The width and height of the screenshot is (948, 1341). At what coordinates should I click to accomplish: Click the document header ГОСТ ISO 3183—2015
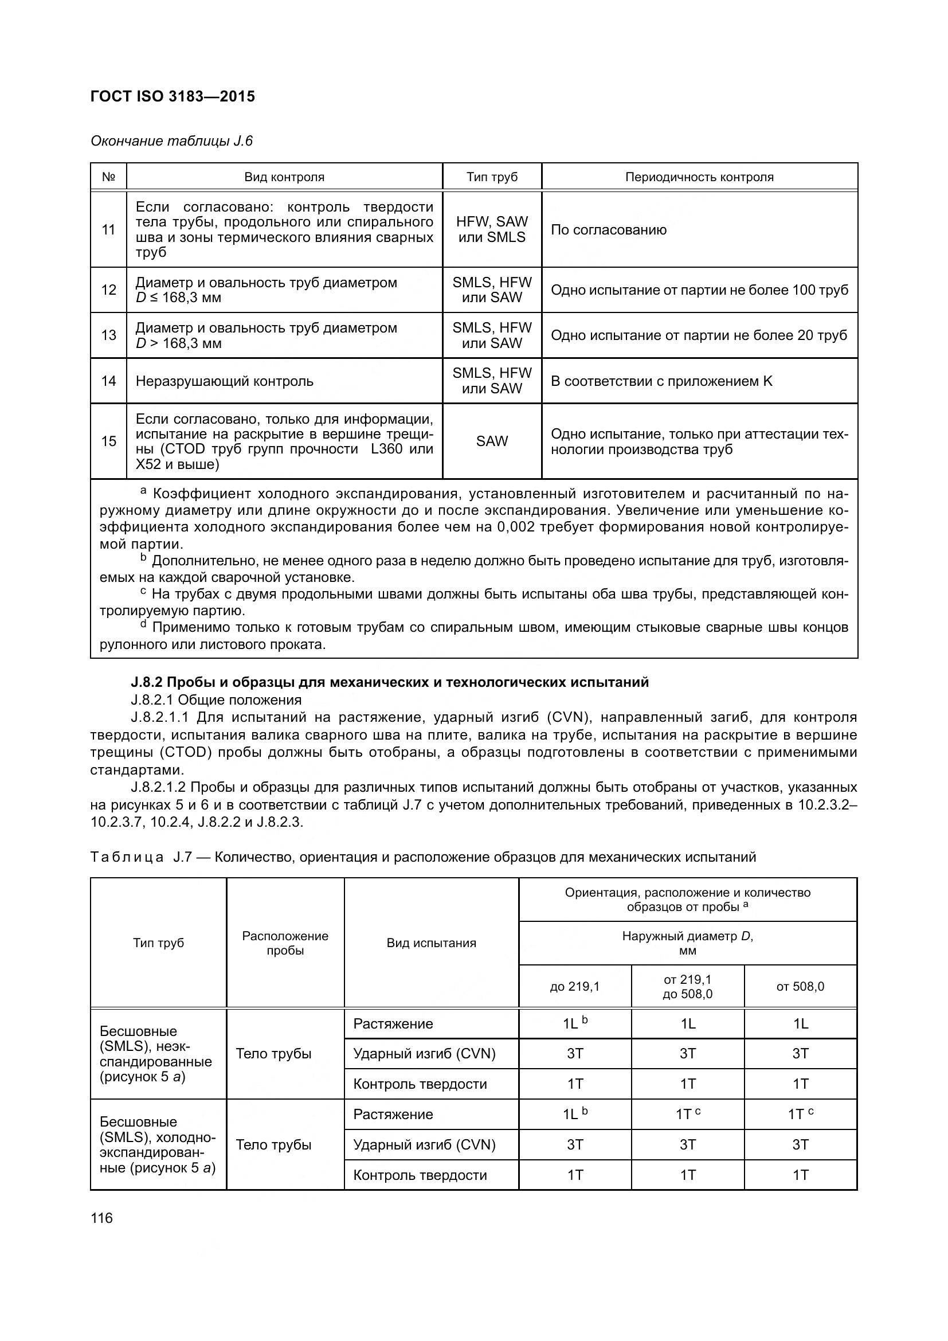pyautogui.click(x=173, y=96)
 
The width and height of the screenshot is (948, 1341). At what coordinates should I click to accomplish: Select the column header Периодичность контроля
pyautogui.click(x=699, y=177)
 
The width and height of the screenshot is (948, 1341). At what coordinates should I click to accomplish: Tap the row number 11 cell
pyautogui.click(x=108, y=229)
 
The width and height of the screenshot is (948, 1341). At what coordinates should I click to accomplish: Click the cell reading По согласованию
pyautogui.click(x=608, y=229)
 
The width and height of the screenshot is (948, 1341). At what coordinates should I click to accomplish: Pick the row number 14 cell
pyautogui.click(x=108, y=381)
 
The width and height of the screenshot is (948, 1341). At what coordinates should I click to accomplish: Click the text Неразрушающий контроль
pyautogui.click(x=224, y=381)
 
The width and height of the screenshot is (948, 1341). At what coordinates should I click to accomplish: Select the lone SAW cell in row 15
pyautogui.click(x=492, y=441)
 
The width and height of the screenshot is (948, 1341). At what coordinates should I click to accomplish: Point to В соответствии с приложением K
pyautogui.click(x=661, y=381)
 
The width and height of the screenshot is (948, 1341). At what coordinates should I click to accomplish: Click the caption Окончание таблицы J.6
pyautogui.click(x=171, y=141)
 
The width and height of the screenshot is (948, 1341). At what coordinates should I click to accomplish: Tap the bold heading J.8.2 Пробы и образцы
pyautogui.click(x=389, y=682)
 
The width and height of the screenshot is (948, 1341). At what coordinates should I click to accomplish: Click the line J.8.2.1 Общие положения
pyautogui.click(x=216, y=699)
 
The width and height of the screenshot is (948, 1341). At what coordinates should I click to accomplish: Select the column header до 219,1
pyautogui.click(x=574, y=987)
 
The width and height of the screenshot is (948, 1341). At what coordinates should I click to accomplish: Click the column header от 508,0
pyautogui.click(x=800, y=987)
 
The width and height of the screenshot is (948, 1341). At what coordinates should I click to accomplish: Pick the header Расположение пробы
pyautogui.click(x=285, y=943)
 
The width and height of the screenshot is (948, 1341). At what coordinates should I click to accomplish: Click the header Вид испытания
pyautogui.click(x=431, y=943)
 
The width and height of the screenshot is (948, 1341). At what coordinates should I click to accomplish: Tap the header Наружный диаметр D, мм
pyautogui.click(x=687, y=943)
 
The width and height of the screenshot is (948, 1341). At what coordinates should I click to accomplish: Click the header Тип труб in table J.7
pyautogui.click(x=158, y=943)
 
